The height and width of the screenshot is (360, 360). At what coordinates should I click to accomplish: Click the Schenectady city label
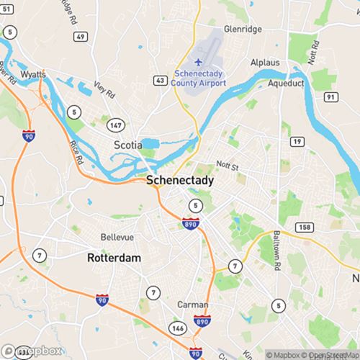(180, 181)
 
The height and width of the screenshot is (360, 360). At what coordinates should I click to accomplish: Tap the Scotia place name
(127, 145)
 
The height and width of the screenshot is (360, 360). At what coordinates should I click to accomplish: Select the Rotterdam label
(114, 257)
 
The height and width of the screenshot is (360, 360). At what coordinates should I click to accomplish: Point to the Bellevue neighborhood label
(118, 237)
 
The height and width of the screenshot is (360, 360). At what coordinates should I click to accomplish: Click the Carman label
(193, 305)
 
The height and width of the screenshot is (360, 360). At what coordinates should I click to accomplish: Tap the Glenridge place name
(243, 30)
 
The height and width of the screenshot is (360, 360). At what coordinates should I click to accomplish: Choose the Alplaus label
(264, 63)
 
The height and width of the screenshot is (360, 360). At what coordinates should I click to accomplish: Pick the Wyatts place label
(33, 74)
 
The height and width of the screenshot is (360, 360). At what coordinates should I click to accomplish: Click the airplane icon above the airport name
(199, 60)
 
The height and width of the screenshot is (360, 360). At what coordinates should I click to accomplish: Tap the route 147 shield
(114, 126)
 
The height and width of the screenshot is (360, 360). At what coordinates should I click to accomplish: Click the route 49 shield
(81, 36)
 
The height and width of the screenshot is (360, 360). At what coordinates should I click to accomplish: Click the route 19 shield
(296, 143)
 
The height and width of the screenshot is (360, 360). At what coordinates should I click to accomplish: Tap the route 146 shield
(179, 328)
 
